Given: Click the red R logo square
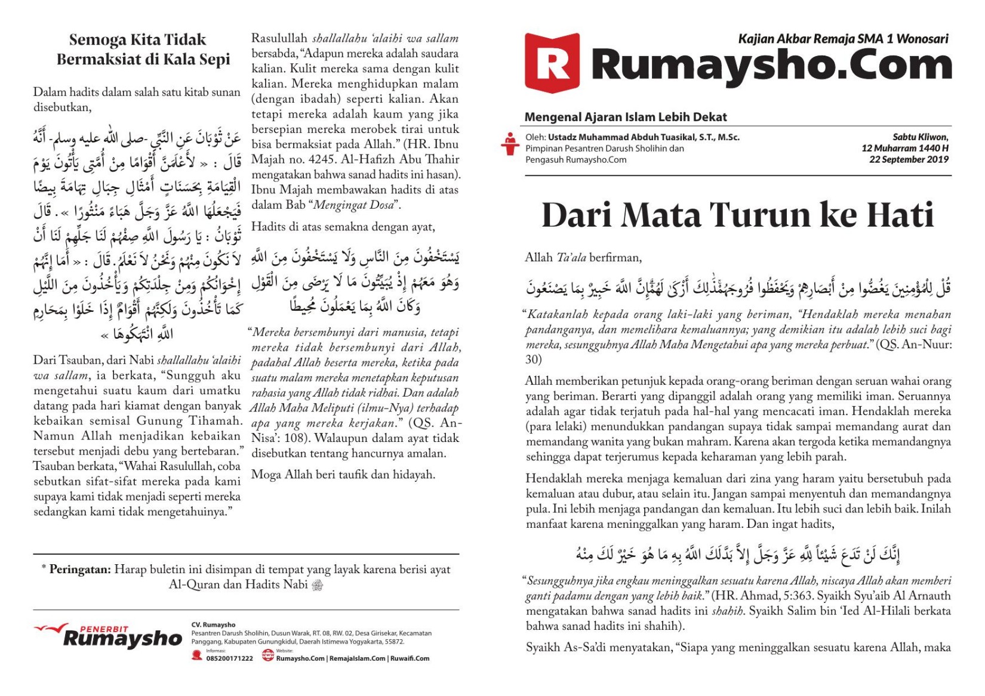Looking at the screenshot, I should coord(552,63).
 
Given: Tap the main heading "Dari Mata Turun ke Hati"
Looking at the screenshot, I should coord(737,215).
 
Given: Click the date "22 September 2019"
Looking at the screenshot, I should coord(909,159).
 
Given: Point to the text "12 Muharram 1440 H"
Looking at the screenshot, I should coord(904,148).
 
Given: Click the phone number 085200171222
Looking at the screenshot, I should coord(229,658).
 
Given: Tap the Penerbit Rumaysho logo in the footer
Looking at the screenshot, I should coord(109,636).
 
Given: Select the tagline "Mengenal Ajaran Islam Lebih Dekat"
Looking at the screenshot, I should coord(625,117).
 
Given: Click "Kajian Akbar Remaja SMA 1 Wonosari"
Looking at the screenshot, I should coord(843,39).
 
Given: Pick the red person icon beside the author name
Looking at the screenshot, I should coord(509,144).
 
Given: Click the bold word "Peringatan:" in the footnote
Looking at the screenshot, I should coord(80,570).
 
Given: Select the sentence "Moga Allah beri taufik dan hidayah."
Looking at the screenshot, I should coord(343,475).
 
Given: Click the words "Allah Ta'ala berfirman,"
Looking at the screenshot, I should coord(583,258).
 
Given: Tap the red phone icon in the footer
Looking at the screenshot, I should coord(197,655).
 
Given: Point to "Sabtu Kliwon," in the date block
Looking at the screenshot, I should coord(920,137).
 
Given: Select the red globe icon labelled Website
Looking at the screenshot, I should coord(268,655).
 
